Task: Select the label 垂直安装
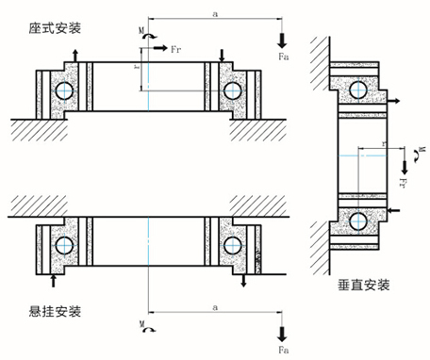pos(362,283)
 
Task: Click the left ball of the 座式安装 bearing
pos(64,91)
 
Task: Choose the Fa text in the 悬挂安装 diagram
pos(284,349)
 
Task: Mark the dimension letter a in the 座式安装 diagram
pos(216,12)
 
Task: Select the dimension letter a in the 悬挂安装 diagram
pos(216,307)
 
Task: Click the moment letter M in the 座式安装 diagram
pos(141,31)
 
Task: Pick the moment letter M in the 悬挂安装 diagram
pos(141,323)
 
